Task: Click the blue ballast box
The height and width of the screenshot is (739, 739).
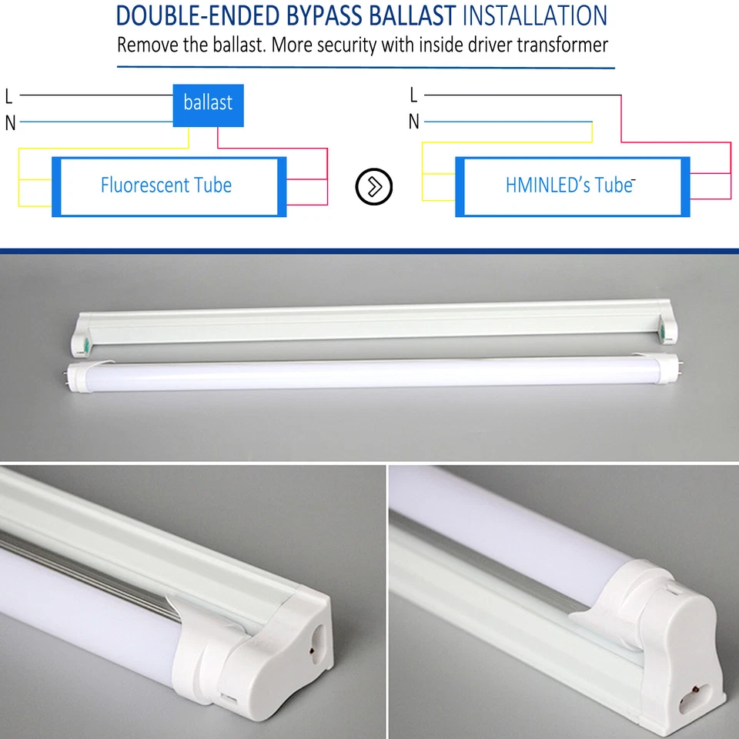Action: click(208, 105)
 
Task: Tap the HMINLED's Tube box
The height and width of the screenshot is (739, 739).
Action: click(570, 186)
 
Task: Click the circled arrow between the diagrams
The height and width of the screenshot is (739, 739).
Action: click(374, 186)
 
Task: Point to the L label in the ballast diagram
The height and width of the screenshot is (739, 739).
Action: click(9, 97)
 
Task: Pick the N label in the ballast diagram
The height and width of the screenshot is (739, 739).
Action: click(10, 122)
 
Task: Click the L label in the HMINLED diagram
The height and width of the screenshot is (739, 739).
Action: click(413, 95)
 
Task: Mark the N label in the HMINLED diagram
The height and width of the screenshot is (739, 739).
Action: click(414, 122)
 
